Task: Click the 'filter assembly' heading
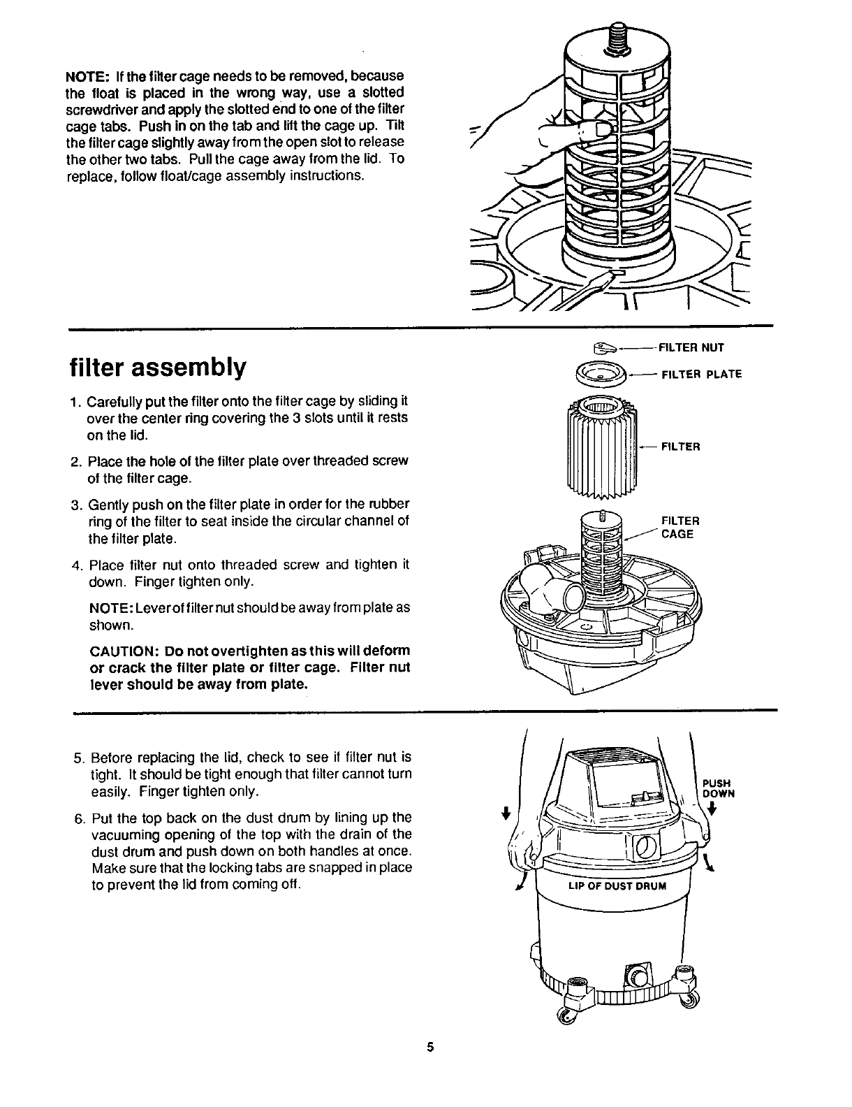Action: (158, 367)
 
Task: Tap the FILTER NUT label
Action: (692, 347)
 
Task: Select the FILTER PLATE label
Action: (701, 374)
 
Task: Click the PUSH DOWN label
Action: (717, 788)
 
